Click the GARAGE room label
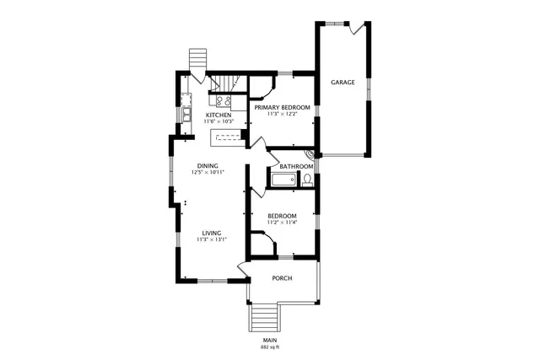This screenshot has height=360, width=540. [x=342, y=83]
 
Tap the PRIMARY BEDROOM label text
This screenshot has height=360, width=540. [x=283, y=107]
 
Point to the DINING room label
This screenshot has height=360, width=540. [x=208, y=165]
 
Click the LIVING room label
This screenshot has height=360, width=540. [x=211, y=233]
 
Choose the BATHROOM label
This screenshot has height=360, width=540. [x=296, y=166]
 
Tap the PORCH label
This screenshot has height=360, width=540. [x=282, y=278]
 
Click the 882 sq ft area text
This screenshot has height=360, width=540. [x=270, y=347]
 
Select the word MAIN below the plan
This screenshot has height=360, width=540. [x=270, y=340]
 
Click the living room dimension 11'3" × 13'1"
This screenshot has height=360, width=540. [x=211, y=239]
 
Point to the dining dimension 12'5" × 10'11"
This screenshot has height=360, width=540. [x=208, y=172]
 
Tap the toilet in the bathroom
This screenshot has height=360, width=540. [x=307, y=180]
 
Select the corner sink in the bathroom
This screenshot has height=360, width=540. [x=310, y=155]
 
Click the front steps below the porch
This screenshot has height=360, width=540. [x=265, y=319]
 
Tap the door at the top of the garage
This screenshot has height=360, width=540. [x=358, y=28]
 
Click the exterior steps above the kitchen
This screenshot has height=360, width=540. [x=197, y=61]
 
